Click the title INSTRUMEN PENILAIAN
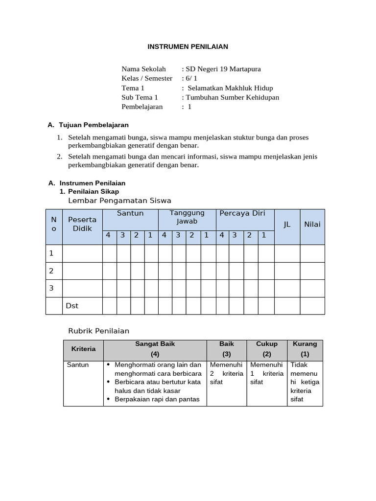click(188, 47)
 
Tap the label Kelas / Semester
click(147, 78)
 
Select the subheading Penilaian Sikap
click(94, 191)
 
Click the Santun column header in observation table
click(130, 213)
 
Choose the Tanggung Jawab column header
click(187, 217)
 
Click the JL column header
click(287, 225)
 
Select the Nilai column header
click(312, 225)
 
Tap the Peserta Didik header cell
click(82, 224)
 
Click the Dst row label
click(72, 306)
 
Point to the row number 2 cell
click(51, 271)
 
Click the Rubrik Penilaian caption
click(98, 331)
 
